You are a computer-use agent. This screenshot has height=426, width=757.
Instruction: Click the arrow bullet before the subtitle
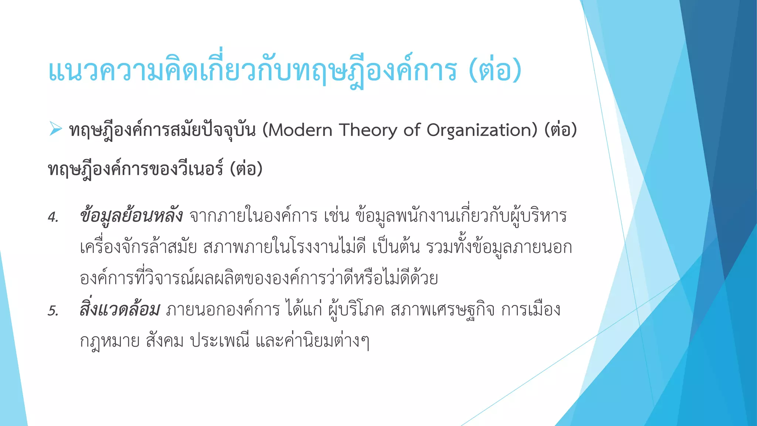click(x=55, y=129)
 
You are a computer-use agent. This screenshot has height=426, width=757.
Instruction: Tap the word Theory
click(x=368, y=130)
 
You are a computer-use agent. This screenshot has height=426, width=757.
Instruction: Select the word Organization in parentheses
click(x=480, y=130)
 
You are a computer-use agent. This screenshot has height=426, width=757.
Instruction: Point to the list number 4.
click(x=53, y=217)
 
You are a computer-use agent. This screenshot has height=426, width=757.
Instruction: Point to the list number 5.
click(x=53, y=311)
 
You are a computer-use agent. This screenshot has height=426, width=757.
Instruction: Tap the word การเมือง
click(x=531, y=310)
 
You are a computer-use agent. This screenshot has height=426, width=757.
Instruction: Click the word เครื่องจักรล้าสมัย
click(x=138, y=247)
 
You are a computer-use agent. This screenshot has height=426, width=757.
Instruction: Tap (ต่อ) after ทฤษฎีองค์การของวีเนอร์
click(x=246, y=169)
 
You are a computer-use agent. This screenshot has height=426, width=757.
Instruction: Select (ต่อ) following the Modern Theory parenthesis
click(x=561, y=130)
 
